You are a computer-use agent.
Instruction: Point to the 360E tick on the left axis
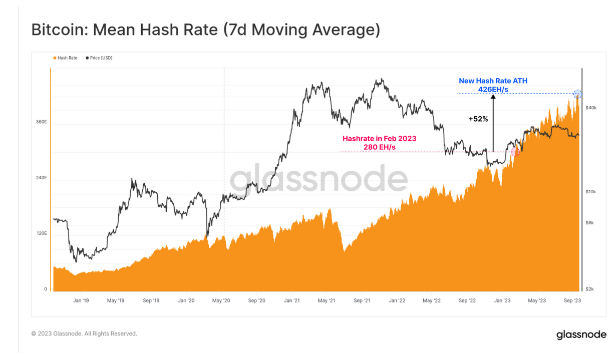(x=41, y=122)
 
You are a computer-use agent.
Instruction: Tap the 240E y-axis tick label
(x=41, y=178)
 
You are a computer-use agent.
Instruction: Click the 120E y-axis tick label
(x=41, y=233)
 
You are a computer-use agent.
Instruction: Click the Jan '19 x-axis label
(x=81, y=301)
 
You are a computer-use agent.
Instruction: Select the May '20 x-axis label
(x=221, y=301)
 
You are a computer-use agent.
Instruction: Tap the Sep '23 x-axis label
(x=572, y=301)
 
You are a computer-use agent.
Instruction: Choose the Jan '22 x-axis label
(x=397, y=301)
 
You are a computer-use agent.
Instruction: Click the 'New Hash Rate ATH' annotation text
(x=493, y=81)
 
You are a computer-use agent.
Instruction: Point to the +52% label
(x=478, y=119)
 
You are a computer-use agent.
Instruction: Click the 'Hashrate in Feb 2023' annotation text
(x=379, y=139)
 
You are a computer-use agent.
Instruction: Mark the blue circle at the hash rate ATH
(x=577, y=94)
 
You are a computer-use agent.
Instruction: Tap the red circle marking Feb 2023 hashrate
(x=515, y=152)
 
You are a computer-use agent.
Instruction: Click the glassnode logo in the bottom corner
(x=581, y=334)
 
